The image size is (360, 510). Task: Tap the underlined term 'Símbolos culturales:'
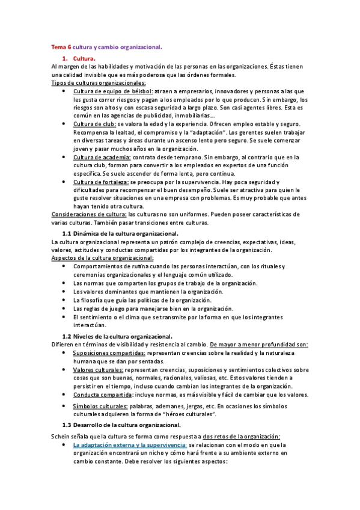tap(100, 407)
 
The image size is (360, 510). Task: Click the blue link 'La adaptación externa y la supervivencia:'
tap(129, 444)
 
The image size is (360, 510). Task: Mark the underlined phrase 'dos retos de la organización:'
tap(245, 436)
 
